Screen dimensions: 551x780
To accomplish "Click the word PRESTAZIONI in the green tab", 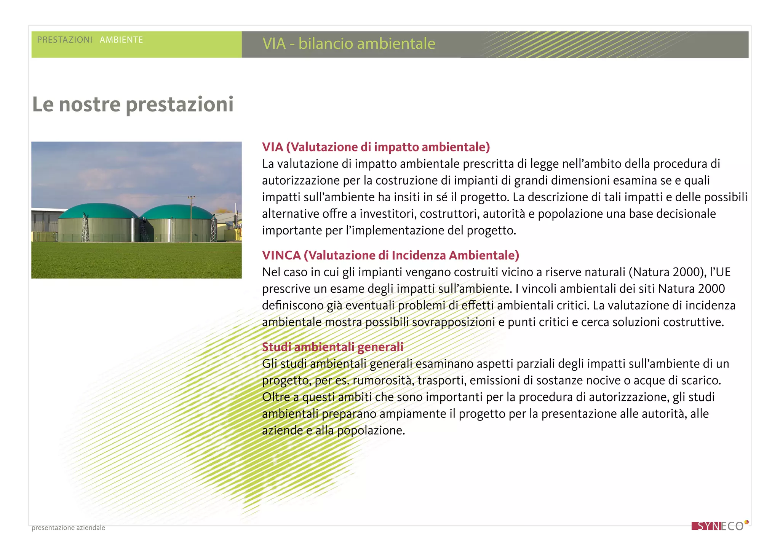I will (x=65, y=40).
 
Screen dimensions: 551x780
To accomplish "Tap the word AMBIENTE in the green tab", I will (x=121, y=40).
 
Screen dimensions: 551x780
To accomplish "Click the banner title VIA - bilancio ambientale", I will (x=348, y=44).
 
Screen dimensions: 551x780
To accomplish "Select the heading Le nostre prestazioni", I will (x=133, y=104).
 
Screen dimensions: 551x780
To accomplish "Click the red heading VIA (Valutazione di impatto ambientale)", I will (x=376, y=147).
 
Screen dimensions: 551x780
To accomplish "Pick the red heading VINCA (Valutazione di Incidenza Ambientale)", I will (x=390, y=255).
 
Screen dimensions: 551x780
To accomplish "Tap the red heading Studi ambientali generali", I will (x=332, y=347).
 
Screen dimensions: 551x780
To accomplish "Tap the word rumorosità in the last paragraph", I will (x=383, y=381).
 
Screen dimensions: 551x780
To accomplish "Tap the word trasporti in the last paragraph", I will (x=441, y=381).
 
